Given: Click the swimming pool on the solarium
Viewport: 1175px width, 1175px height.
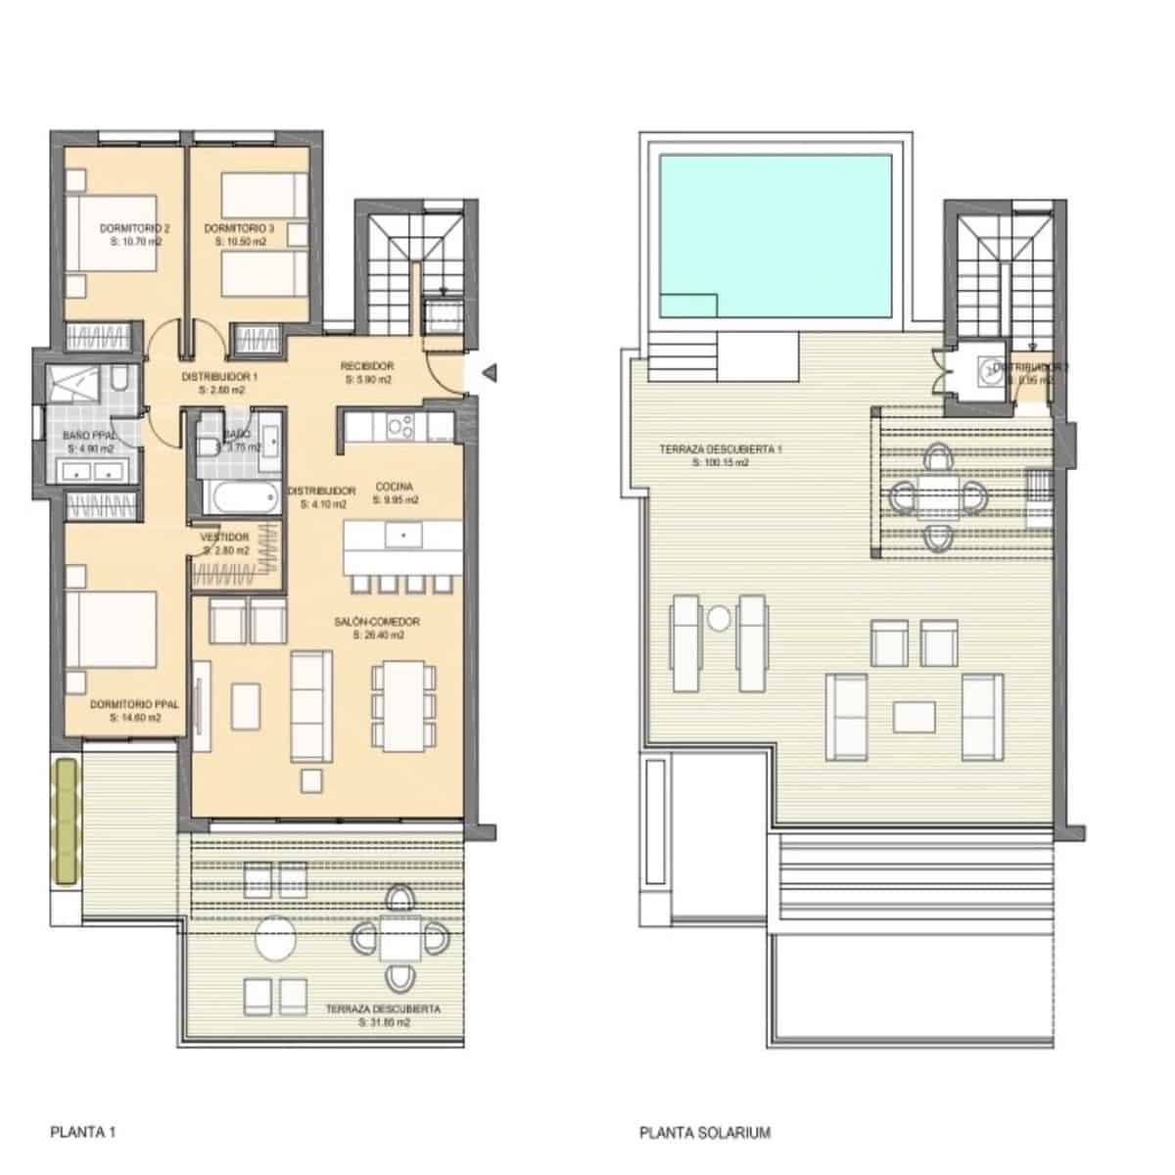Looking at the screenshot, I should click(x=775, y=235).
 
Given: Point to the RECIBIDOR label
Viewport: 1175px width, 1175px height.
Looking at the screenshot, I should click(x=367, y=366).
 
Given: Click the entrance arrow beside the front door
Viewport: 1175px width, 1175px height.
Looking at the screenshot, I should click(x=492, y=372).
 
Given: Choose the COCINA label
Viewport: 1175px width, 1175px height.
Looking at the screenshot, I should click(x=395, y=487).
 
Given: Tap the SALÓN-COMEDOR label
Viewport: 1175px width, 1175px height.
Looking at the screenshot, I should click(x=377, y=622).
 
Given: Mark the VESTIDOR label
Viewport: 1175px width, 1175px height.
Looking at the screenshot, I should click(x=224, y=538).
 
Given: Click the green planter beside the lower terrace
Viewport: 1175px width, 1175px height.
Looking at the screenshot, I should click(x=67, y=822).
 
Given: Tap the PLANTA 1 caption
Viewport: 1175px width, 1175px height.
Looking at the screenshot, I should click(x=83, y=1133).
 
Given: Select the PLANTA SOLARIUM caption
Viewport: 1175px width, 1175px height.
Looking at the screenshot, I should click(x=705, y=1133).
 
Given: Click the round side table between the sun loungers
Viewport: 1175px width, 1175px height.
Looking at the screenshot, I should click(x=720, y=619).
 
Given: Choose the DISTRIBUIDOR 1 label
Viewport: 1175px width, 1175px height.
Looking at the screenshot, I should click(x=219, y=376).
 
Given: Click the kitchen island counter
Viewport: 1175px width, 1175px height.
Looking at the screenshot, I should click(x=401, y=551).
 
